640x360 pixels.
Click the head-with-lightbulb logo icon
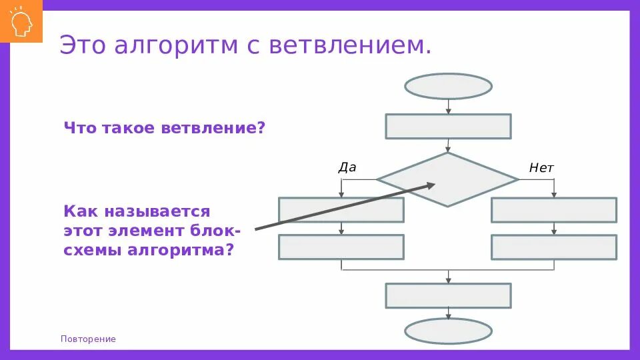pyautogui.click(x=21, y=21)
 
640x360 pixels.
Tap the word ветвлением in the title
pyautogui.click(x=350, y=45)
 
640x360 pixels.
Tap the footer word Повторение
pyautogui.click(x=88, y=339)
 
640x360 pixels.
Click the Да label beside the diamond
pyautogui.click(x=347, y=167)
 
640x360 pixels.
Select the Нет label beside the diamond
pyautogui.click(x=541, y=168)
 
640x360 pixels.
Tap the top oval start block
pyautogui.click(x=448, y=87)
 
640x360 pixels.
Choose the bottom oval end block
pyautogui.click(x=448, y=331)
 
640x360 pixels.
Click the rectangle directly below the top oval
pyautogui.click(x=448, y=126)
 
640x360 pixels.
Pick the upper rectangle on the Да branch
pyautogui.click(x=341, y=209)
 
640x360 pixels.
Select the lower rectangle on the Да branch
pyautogui.click(x=341, y=247)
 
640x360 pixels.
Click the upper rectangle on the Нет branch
pyautogui.click(x=553, y=209)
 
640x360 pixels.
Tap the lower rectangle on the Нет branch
pyautogui.click(x=553, y=247)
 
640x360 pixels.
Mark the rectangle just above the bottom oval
pyautogui.click(x=448, y=295)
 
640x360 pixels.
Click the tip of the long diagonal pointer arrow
pyautogui.click(x=434, y=185)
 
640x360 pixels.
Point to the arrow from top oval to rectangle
pyautogui.click(x=448, y=107)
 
